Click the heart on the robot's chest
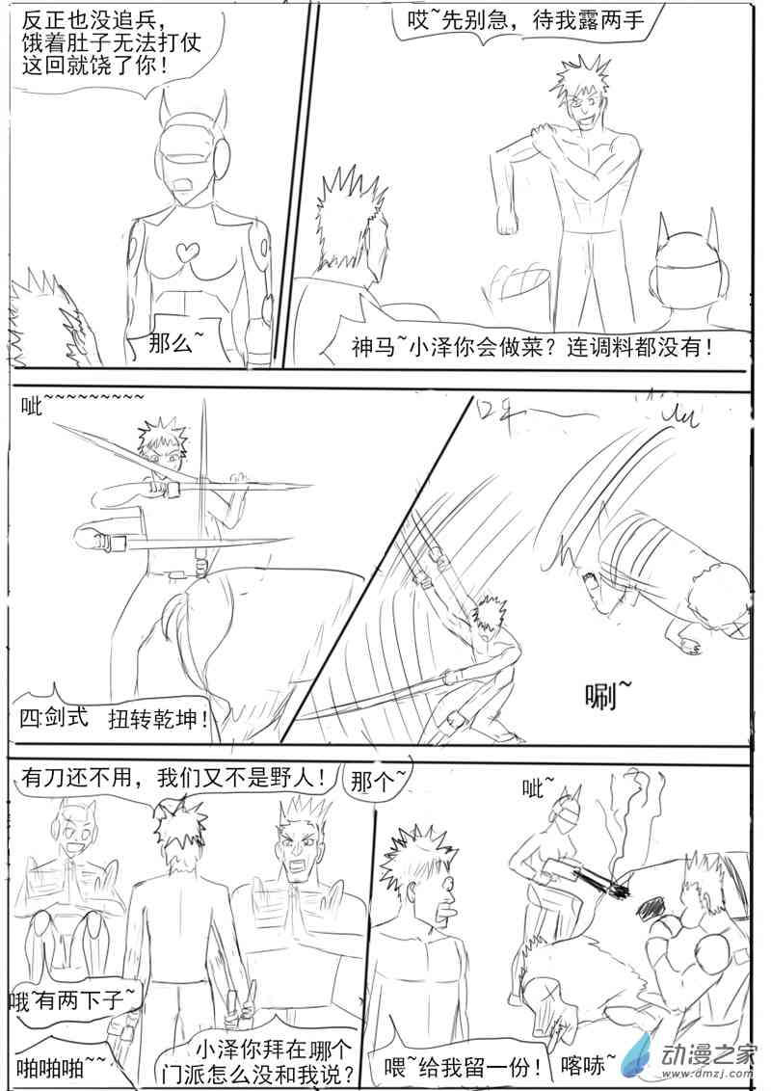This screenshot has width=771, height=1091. [184, 253]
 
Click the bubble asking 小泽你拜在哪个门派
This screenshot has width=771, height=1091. [273, 1059]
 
